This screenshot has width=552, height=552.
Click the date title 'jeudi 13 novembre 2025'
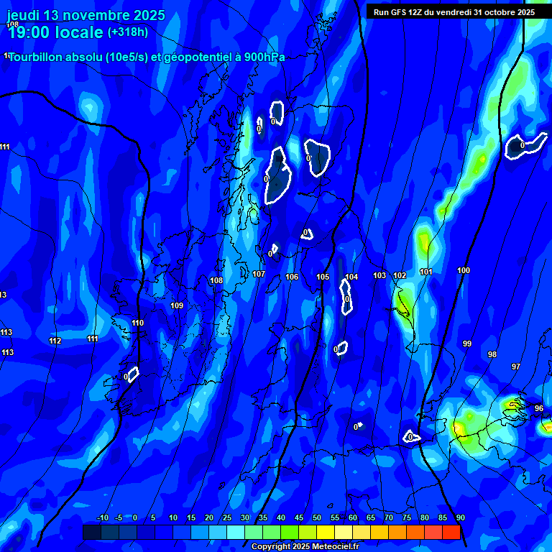click(86, 15)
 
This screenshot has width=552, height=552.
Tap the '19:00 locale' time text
click(55, 32)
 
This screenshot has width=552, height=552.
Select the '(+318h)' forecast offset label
click(128, 32)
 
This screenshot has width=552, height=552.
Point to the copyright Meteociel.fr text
click(305, 546)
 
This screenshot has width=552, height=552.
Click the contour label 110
click(137, 323)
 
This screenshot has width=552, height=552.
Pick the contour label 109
click(177, 305)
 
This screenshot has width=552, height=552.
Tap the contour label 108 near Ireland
click(216, 280)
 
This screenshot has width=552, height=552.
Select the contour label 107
click(259, 274)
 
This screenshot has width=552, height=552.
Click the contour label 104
click(351, 277)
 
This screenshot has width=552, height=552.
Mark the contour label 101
click(426, 272)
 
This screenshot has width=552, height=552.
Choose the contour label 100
click(464, 270)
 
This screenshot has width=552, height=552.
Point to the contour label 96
click(539, 408)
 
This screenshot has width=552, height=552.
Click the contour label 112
click(55, 341)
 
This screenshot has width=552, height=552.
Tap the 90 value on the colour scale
click(460, 518)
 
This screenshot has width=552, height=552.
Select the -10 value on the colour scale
click(102, 518)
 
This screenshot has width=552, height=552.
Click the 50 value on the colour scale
click(317, 518)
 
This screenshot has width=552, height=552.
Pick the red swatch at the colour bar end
click(451, 532)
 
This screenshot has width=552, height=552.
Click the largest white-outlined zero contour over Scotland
click(277, 176)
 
